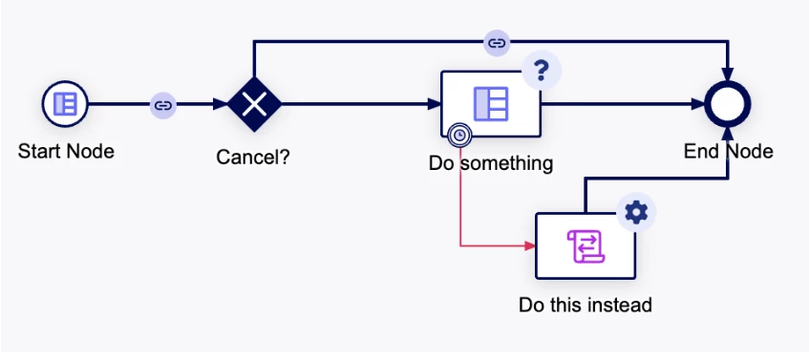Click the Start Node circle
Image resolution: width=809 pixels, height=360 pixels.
(65, 104)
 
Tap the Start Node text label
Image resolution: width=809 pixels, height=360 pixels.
(66, 152)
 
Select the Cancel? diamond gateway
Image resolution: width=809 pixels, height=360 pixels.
(254, 104)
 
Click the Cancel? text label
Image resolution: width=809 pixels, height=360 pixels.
(253, 157)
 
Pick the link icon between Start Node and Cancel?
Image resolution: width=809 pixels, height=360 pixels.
(163, 106)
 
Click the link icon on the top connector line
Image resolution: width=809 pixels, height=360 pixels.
(497, 43)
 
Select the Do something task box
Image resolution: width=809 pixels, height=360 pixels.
(491, 104)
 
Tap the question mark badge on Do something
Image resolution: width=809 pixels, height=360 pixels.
(542, 70)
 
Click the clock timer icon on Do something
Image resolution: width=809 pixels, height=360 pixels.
(460, 136)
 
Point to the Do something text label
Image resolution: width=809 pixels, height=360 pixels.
(491, 163)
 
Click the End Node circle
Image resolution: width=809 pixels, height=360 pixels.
(728, 104)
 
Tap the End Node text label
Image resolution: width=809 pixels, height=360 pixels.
(728, 152)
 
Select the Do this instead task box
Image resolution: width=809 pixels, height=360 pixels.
(585, 246)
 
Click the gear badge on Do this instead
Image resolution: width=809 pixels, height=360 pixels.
(636, 213)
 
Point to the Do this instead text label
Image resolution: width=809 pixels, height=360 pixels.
(585, 305)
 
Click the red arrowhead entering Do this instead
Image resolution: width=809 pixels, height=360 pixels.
(530, 246)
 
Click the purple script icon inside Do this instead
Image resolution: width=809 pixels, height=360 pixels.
(585, 246)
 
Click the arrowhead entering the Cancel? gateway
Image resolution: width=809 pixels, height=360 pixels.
(222, 104)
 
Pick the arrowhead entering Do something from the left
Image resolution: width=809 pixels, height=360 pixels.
(435, 104)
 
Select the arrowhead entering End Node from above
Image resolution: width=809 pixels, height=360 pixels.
(728, 75)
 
